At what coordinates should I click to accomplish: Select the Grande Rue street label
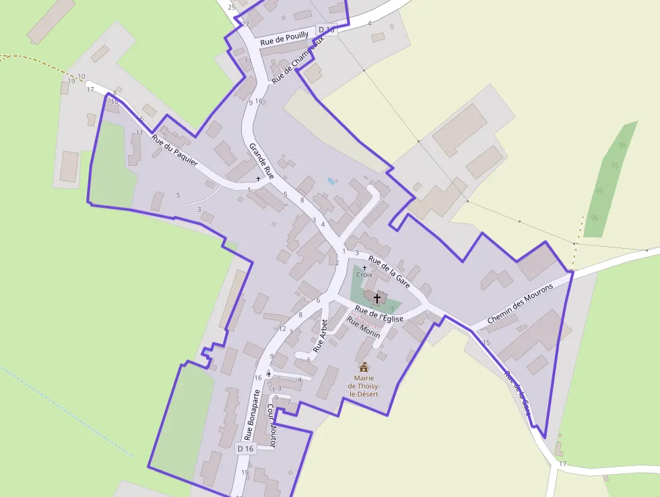point(261,160)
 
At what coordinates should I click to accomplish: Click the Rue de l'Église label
point(378,312)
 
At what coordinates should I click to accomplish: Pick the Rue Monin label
point(364,327)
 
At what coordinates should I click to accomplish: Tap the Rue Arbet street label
point(321,337)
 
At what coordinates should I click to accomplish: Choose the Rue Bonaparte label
point(252,414)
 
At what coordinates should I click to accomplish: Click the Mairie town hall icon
point(364,367)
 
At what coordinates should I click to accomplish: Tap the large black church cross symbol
point(377,297)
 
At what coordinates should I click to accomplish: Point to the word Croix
point(364,275)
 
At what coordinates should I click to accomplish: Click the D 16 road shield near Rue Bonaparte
point(246,448)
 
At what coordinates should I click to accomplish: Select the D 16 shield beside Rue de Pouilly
point(327,29)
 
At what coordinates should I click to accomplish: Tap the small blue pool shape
point(331,181)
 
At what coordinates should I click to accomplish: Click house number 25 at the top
point(232,7)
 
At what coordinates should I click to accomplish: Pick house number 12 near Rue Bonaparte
point(282,328)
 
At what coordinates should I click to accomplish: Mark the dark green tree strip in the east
point(610,178)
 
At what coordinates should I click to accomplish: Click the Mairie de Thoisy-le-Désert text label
point(364,386)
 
